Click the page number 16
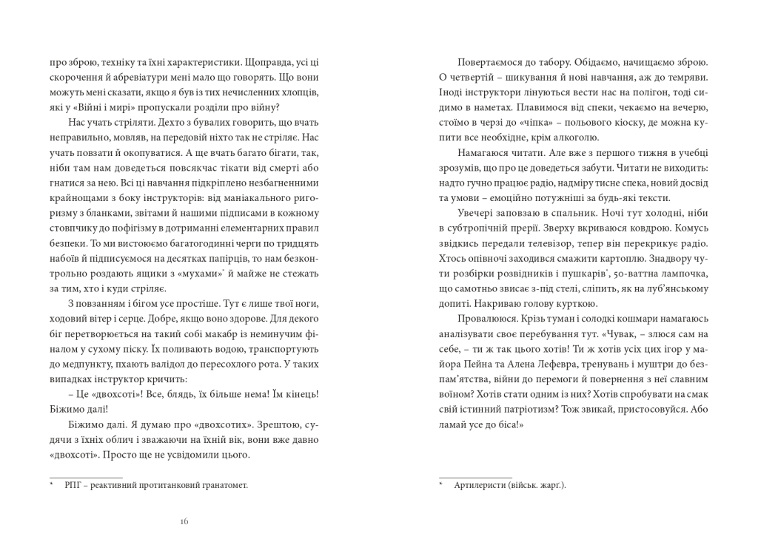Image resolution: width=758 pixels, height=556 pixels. pyautogui.click(x=184, y=521)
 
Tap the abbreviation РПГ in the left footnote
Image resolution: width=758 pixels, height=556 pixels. pyautogui.click(x=75, y=485)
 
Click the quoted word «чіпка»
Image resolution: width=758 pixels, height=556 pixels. pyautogui.click(x=512, y=121)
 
